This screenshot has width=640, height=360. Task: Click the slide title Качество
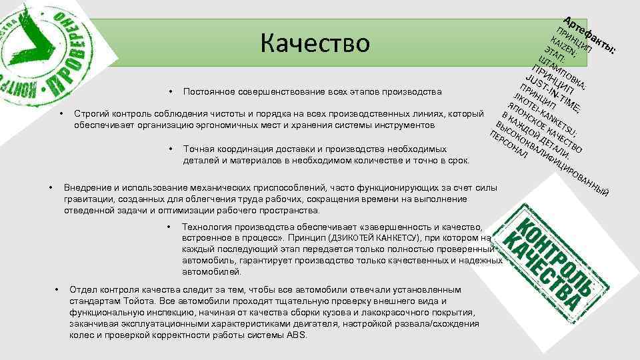coord(315,43)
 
